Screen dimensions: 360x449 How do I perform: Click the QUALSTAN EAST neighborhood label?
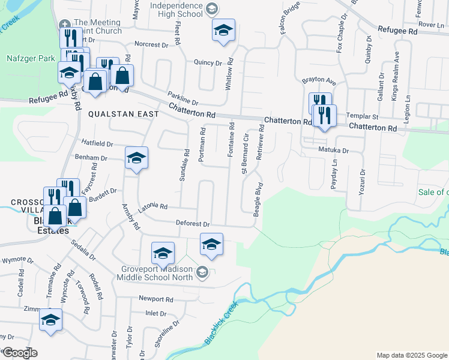124,113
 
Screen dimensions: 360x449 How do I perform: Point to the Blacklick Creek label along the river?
221,322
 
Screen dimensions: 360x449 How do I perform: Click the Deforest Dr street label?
193,224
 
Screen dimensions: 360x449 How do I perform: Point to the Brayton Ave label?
319,80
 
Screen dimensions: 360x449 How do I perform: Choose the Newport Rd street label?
155,299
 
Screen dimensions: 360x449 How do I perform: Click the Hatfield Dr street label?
97,143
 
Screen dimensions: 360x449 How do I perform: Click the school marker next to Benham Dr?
137,158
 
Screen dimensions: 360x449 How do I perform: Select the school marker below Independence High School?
223,30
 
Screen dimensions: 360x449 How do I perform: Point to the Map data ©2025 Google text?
412,355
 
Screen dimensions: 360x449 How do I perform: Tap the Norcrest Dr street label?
151,44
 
